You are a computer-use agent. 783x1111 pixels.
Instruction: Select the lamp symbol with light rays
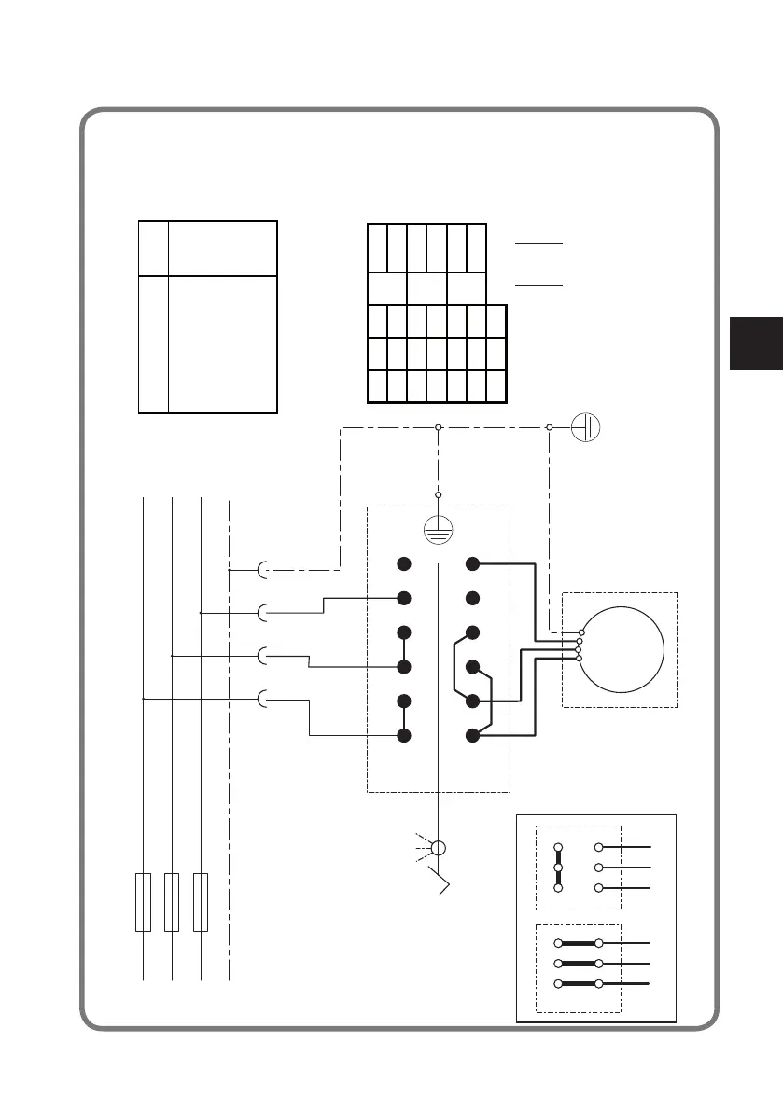click(438, 850)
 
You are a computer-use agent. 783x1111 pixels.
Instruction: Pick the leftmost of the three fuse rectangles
click(143, 902)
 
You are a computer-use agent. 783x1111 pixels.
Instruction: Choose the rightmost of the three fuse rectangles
click(200, 902)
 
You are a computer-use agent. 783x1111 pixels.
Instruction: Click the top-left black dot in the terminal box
click(404, 564)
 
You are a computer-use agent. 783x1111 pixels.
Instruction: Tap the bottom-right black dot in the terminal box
click(473, 736)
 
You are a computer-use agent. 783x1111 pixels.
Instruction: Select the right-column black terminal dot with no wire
click(473, 597)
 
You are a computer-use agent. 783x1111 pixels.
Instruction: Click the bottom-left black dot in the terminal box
click(404, 736)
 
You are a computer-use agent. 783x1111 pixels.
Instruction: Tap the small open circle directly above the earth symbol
click(438, 495)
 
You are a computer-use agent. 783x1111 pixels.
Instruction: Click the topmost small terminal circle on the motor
click(580, 633)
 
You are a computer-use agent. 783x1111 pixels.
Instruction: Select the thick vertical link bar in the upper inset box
click(558, 868)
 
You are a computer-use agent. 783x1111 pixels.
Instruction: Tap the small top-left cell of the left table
click(152, 248)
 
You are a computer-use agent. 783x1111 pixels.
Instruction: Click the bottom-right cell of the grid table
click(496, 386)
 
